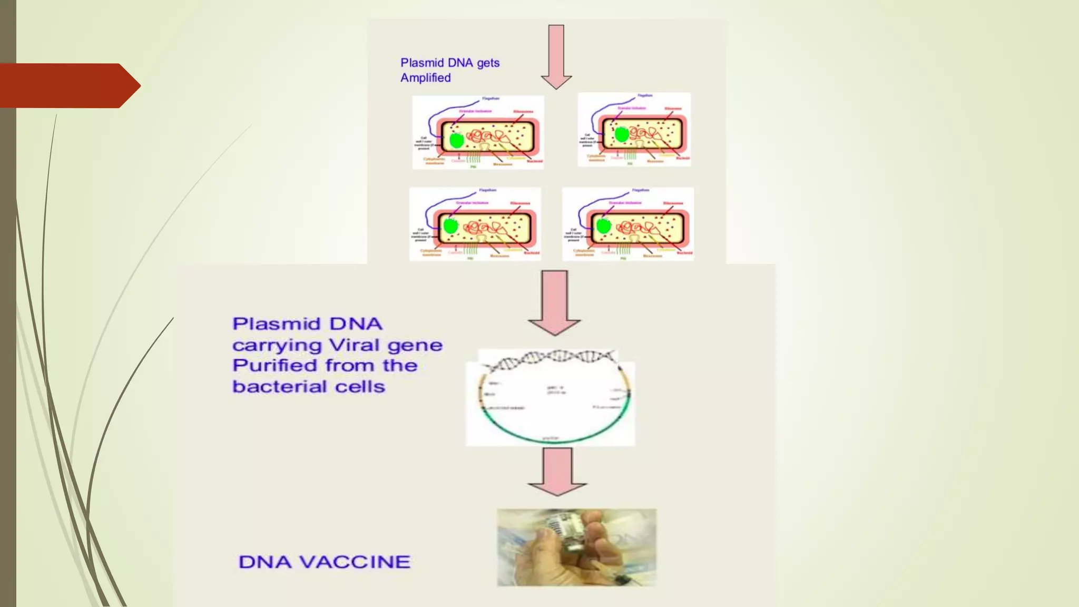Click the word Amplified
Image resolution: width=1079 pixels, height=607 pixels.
point(425,78)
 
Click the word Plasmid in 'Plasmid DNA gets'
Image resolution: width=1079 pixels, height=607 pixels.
point(419,63)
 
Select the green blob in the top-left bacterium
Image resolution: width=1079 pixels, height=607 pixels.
point(456,140)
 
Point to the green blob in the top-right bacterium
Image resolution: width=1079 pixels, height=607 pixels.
point(622,134)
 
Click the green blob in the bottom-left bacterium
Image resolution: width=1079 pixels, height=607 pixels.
point(450,226)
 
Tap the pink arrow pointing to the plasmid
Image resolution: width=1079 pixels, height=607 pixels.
point(555,303)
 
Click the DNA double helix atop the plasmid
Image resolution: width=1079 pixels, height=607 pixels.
point(551,360)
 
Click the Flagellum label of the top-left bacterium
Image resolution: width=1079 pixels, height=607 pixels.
point(491,99)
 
